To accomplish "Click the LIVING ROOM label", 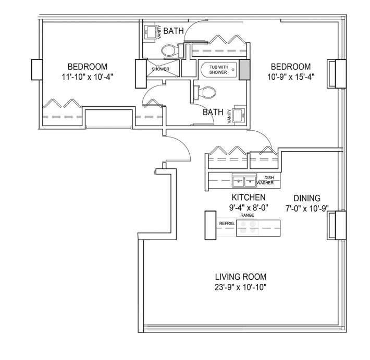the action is [241, 277].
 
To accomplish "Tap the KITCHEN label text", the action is [249, 197].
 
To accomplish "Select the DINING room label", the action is [307, 198].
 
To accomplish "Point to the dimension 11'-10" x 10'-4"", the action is [88, 77].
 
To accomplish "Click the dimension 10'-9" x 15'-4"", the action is [291, 77].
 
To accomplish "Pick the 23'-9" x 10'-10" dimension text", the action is [241, 287].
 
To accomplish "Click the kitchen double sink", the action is [244, 181].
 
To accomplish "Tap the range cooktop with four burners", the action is [248, 228].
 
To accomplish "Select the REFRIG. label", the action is [227, 224].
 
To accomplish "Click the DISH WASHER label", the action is [265, 180].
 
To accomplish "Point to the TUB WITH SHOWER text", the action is [218, 70].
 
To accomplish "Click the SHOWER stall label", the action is [161, 69].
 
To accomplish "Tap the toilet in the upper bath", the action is [169, 51].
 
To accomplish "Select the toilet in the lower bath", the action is [205, 93].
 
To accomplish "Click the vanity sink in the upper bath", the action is [151, 32].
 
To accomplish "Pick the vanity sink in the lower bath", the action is [240, 115].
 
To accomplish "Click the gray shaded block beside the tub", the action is [244, 70].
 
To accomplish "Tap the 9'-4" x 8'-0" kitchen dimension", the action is [249, 208].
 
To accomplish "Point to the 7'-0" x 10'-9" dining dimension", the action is [307, 208].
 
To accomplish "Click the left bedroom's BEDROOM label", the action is [88, 67].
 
